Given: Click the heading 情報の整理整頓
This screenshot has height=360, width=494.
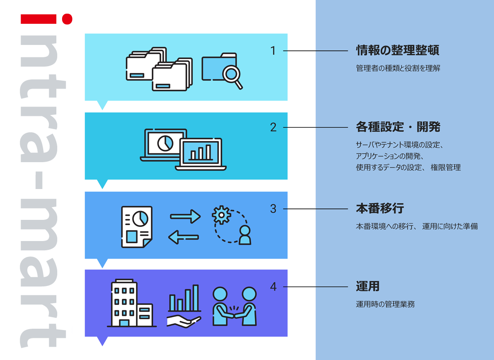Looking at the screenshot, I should point(397,51).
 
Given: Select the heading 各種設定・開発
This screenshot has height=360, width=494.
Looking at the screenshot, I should point(398,127).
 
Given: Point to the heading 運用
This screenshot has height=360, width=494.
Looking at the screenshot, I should point(368,286).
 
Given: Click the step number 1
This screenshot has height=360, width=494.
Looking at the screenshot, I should point(273,51).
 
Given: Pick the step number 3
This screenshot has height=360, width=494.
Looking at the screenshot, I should point(273,208).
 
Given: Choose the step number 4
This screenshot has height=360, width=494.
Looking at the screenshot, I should point(273,286).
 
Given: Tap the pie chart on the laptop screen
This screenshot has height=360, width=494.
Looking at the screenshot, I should point(165,142).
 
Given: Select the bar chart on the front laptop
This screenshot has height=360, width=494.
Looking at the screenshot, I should point(200,153).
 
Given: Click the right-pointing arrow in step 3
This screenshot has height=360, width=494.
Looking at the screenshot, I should point(185,216).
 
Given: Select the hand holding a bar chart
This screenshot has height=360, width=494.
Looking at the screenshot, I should point(184,306).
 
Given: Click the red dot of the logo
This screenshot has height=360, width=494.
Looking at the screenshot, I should point(67,19).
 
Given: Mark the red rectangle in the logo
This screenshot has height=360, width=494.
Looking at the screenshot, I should point(38,19).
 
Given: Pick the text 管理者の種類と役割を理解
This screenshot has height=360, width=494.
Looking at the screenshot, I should point(398,68).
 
